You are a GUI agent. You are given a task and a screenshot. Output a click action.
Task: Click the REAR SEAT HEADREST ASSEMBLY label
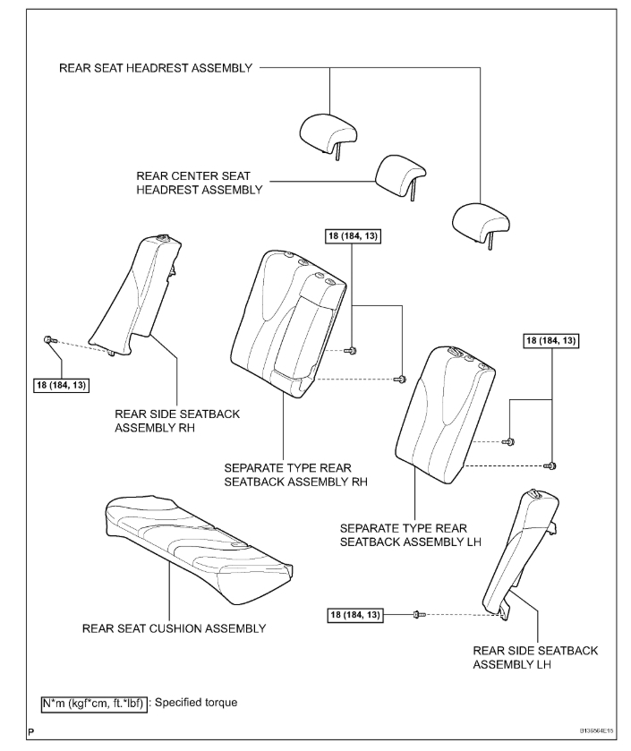[156, 68]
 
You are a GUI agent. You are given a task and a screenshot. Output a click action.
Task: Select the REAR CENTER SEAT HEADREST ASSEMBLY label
[199, 183]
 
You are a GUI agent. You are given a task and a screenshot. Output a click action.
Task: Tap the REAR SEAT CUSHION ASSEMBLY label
[174, 628]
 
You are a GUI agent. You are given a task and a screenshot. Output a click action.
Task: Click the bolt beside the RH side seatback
[50, 339]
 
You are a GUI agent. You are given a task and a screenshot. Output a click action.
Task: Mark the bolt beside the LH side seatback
[418, 614]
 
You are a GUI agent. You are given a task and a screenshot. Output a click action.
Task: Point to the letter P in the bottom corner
[31, 732]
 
